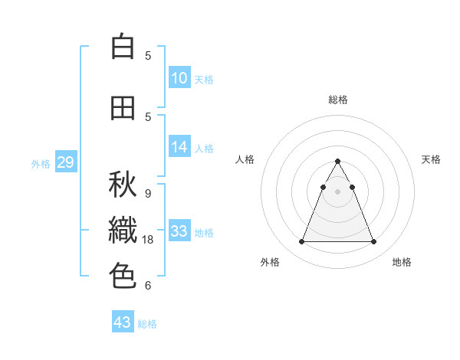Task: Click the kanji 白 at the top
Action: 123,47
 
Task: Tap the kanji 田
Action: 123,108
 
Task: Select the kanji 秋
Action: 123,185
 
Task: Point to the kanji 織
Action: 123,231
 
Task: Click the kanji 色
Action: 123,275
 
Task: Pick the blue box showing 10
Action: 179,77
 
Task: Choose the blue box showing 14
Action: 179,147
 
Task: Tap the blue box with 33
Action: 179,231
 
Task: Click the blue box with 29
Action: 65,162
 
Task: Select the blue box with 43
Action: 123,322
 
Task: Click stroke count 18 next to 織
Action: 149,240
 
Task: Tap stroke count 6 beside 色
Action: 147,286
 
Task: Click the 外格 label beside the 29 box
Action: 41,163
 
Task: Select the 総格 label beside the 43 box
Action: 147,324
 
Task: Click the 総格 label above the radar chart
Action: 337,100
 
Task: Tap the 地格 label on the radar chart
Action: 402,262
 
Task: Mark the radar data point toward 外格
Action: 301,242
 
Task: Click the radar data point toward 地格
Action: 373,242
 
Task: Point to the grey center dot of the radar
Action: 337,191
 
